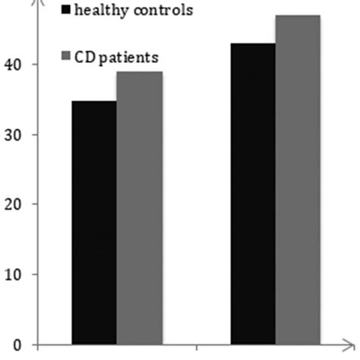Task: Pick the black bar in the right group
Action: coord(253,193)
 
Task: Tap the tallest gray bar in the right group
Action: coord(298,179)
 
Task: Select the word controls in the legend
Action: coord(159,11)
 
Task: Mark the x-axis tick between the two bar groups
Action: coord(196,348)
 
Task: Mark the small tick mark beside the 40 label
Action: coord(31,65)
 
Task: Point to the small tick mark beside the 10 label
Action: coord(31,274)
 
